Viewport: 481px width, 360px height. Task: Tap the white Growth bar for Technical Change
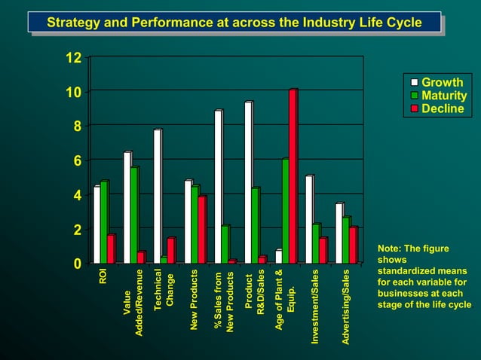tap(157, 197)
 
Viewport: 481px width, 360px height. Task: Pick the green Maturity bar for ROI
tap(104, 222)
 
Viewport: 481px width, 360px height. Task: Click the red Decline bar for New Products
tap(201, 230)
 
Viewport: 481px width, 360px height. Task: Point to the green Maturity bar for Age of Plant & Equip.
tap(285, 211)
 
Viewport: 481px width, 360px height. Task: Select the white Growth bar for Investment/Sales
tap(308, 219)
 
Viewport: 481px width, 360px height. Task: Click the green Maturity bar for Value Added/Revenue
tap(134, 215)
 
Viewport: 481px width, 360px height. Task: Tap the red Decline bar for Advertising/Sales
tap(353, 245)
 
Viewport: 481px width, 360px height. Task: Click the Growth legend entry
tap(442, 82)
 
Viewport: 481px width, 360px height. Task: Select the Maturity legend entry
tap(444, 96)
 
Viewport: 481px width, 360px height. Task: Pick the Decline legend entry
tap(443, 109)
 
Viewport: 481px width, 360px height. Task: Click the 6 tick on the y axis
tap(76, 161)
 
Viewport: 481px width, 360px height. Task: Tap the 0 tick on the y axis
tap(76, 264)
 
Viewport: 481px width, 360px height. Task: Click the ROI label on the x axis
tap(103, 276)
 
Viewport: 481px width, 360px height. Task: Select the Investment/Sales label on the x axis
tap(316, 307)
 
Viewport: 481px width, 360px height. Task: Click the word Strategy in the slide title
tap(75, 23)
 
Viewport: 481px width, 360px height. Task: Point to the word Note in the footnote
tap(390, 249)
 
